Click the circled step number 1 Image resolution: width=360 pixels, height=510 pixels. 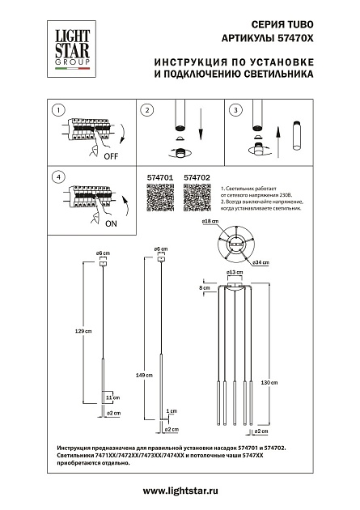coord(56,110)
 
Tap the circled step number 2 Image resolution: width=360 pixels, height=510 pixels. coord(147,110)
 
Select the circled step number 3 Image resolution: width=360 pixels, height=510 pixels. coord(235,110)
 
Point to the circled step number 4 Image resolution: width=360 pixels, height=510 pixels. coord(56,176)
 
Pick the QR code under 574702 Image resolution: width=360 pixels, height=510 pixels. coord(197,198)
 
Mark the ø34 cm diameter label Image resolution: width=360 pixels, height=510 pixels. coord(260,263)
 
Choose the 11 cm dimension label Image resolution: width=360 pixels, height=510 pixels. coord(112,397)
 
